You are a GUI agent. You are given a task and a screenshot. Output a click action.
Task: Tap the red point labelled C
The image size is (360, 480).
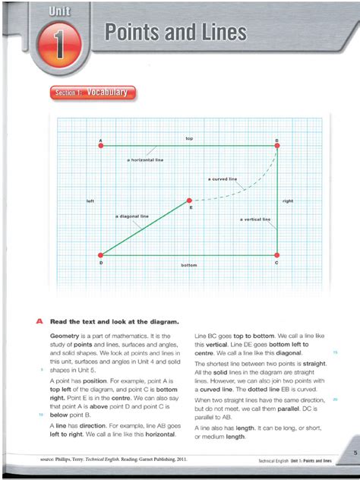pos(277,255)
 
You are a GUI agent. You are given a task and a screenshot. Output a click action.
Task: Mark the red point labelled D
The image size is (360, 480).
pos(100,255)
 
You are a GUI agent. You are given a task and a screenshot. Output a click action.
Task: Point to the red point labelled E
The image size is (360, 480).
pos(190,201)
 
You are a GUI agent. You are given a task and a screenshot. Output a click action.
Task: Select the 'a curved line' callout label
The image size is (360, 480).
pos(223,179)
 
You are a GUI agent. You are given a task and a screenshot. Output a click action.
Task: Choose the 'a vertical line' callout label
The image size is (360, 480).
pos(255,219)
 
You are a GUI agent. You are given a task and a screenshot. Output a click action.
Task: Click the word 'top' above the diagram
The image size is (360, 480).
pos(189,138)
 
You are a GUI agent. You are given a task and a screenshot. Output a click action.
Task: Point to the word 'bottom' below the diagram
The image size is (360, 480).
pos(189,265)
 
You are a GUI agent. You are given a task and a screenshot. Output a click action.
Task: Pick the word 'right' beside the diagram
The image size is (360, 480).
pos(288,201)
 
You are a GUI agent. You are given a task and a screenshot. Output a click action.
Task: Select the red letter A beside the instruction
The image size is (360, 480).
pos(39,321)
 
